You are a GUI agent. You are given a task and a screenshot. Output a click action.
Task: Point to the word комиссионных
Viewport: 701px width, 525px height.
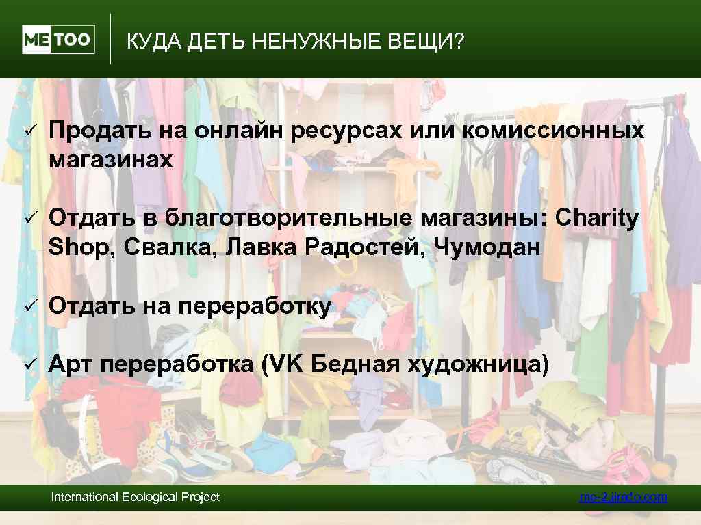coord(554,131)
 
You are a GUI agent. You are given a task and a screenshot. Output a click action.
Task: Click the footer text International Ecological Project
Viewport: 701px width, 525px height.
coord(136,497)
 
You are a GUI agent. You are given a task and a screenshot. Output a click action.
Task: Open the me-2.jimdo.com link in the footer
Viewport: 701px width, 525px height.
coord(623,497)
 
